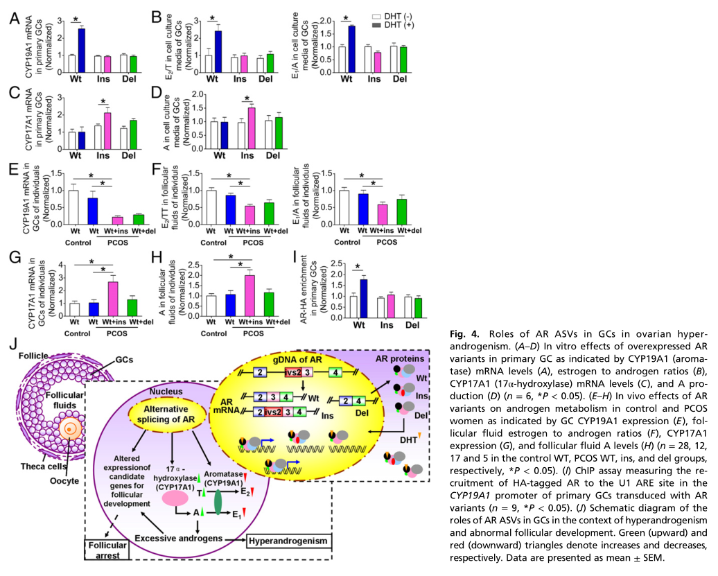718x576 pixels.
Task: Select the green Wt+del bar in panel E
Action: [137, 219]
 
